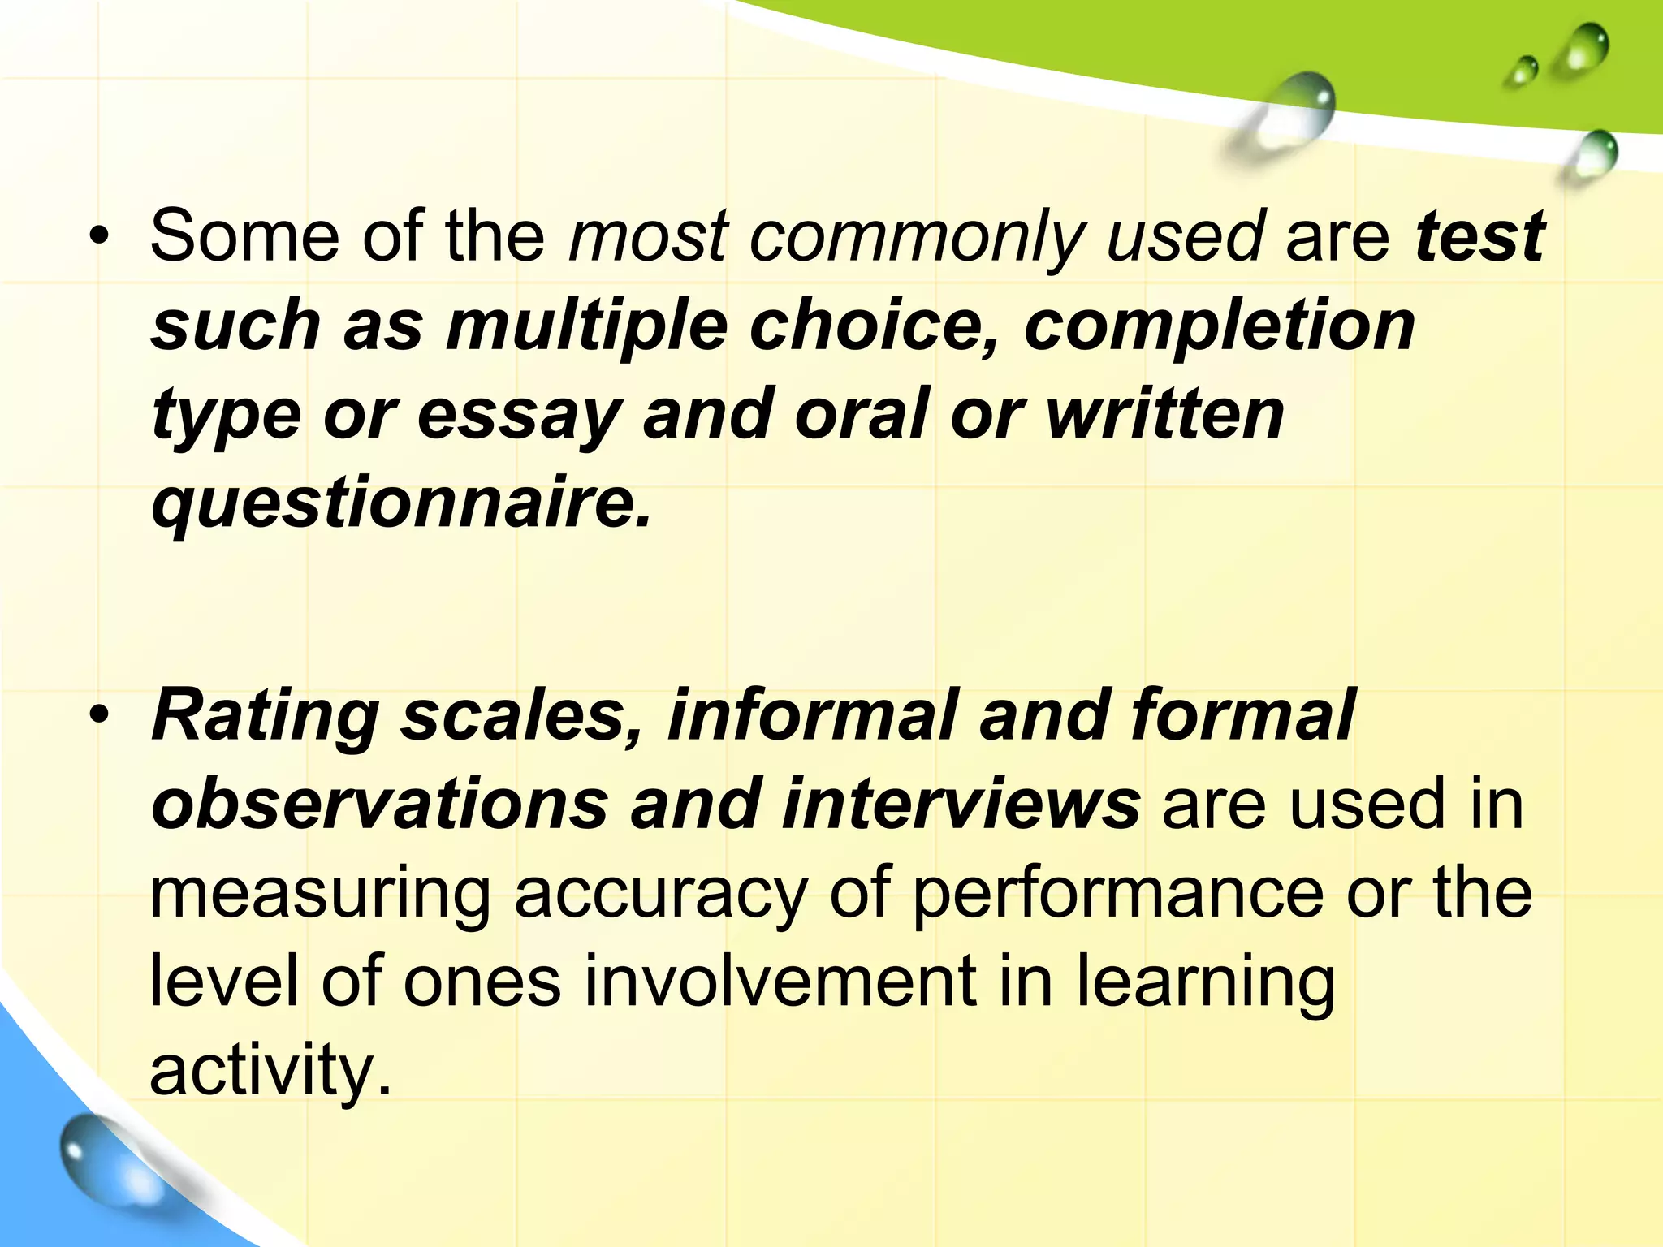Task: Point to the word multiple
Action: click(586, 326)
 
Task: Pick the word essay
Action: click(518, 415)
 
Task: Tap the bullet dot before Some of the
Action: click(99, 237)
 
